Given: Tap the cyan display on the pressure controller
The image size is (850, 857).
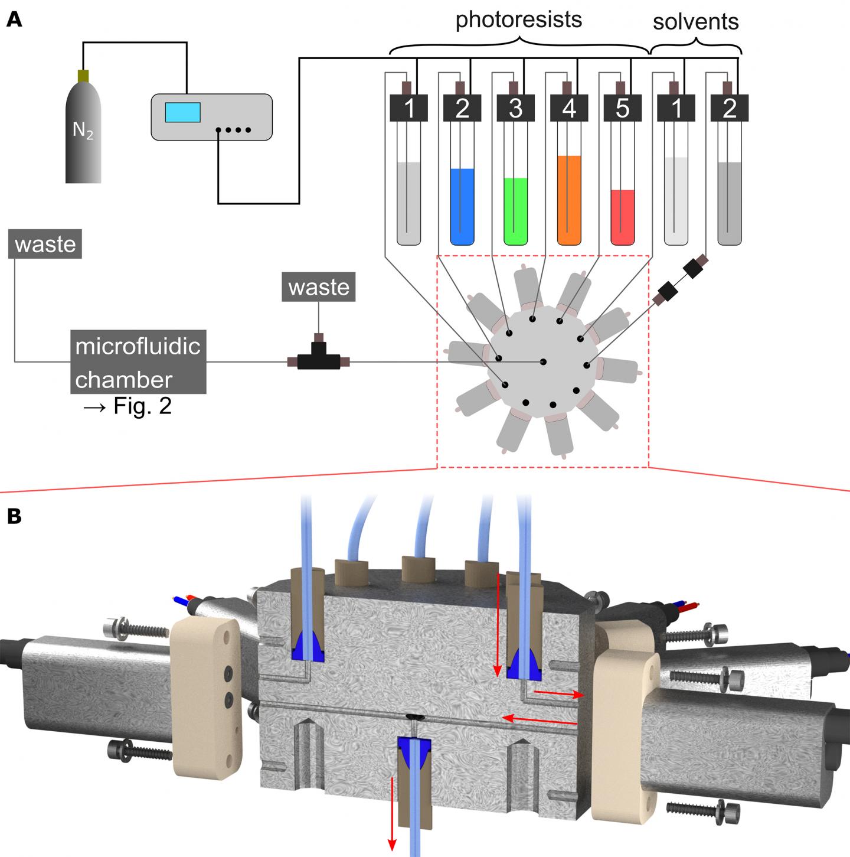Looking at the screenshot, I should (182, 112).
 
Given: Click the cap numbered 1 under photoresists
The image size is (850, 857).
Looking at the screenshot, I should (409, 109).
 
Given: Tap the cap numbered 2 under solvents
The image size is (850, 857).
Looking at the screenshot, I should (730, 109).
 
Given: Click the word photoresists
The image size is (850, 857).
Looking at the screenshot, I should (519, 20).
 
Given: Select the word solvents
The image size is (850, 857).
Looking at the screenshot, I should (695, 22).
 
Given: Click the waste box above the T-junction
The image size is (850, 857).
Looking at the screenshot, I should (319, 287).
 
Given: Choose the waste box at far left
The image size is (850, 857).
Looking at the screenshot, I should (45, 245).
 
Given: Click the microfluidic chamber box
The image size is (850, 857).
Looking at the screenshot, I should (139, 362).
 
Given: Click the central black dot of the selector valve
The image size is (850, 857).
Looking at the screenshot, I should (544, 361).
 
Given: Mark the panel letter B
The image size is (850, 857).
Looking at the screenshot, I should (14, 516).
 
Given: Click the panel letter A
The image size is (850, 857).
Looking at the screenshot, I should (14, 20).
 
